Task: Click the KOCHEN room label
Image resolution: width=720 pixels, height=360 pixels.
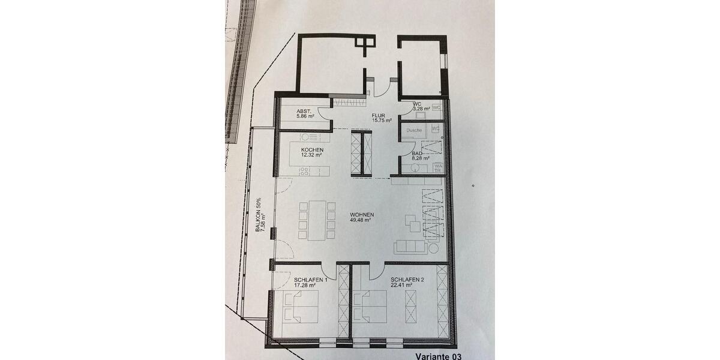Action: pos(312,150)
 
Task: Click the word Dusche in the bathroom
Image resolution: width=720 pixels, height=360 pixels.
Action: pos(414,130)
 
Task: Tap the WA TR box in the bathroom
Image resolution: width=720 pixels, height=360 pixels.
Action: pos(438,168)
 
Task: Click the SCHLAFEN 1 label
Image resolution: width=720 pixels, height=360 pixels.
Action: pos(310,280)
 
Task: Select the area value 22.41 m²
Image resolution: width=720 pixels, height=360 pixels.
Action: pos(401,286)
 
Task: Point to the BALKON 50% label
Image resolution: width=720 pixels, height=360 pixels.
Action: pos(259,214)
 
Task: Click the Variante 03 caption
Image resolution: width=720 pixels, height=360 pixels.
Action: pos(439,356)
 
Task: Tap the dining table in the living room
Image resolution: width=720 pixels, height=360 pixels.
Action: pos(317,220)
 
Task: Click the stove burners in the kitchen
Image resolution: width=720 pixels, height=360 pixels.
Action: pos(304,171)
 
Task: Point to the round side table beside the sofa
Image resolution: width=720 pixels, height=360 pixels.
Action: pos(433,247)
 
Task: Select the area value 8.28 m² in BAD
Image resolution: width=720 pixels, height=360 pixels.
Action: pos(418,159)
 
